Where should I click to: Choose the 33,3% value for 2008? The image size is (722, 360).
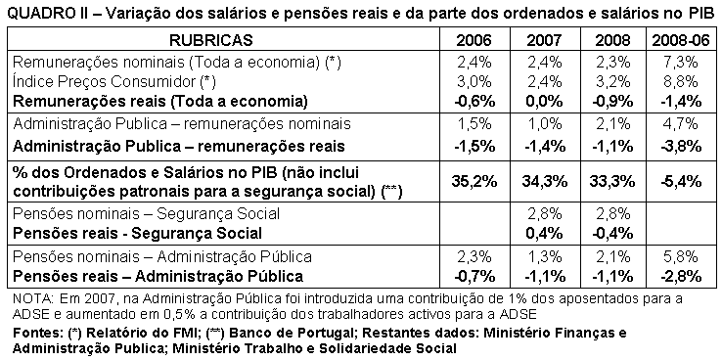click(x=609, y=181)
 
